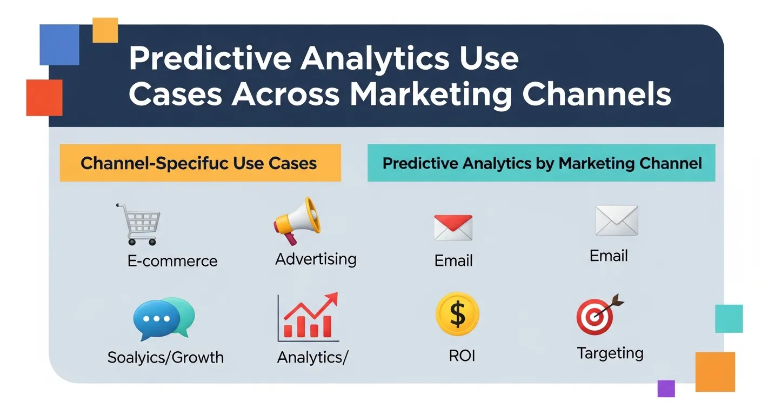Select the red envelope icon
click(x=453, y=227)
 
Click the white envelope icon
click(x=616, y=220)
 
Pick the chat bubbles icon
click(x=163, y=319)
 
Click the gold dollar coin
click(x=457, y=314)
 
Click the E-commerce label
click(x=172, y=261)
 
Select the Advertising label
click(x=316, y=259)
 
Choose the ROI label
click(x=462, y=356)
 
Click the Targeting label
click(x=610, y=353)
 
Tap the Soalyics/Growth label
click(x=165, y=357)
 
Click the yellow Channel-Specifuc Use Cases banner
click(x=200, y=163)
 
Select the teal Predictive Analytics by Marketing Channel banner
click(x=541, y=163)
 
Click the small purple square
click(x=666, y=388)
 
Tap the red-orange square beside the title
click(x=44, y=98)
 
